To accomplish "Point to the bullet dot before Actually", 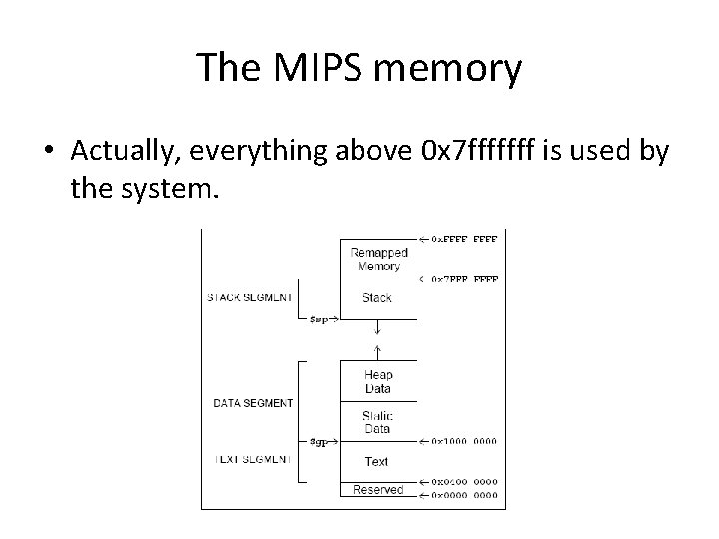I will pyautogui.click(x=48, y=151).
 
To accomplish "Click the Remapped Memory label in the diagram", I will pyautogui.click(x=376, y=260).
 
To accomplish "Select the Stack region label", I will pyautogui.click(x=377, y=297).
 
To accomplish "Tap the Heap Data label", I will pyautogui.click(x=377, y=382).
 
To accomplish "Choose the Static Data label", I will pyautogui.click(x=377, y=422).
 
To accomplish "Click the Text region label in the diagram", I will pyautogui.click(x=377, y=461).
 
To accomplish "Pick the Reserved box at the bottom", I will pyautogui.click(x=377, y=489).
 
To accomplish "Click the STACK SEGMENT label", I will pyautogui.click(x=250, y=296).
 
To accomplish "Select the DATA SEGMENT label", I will pyautogui.click(x=253, y=403).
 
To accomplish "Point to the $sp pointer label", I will pyautogui.click(x=321, y=319).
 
